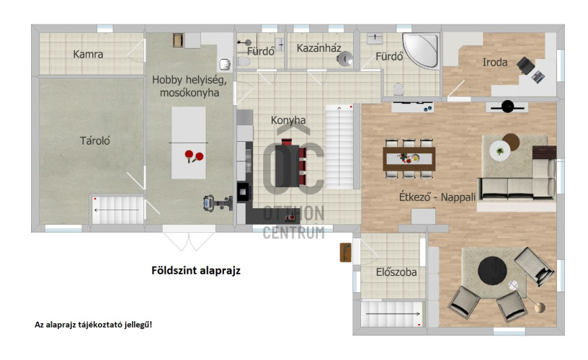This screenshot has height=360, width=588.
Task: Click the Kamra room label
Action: coord(88,54)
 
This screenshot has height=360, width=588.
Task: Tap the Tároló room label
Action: coord(95,141)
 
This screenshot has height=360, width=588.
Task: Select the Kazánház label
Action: coord(318,48)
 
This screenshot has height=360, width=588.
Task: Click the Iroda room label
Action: coord(494,62)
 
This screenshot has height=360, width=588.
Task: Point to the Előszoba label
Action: coord(396,272)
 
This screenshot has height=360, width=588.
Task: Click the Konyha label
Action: coord(288,120)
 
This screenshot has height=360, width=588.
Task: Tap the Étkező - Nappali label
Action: coord(437,197)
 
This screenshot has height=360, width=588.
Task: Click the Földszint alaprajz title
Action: coord(196,271)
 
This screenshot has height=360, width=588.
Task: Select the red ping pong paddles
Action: coord(194,156)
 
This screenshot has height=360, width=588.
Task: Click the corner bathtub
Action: coord(422,50)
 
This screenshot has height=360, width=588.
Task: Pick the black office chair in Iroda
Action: coord(525,66)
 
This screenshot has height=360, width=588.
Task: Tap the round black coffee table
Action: coord(492,271)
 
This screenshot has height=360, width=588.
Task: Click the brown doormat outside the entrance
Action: coord(345,253)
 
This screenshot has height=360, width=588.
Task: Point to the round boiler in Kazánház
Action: coord(344,59)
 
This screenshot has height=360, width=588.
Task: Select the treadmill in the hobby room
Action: coord(218,203)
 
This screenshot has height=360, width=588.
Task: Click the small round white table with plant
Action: coord(499,151)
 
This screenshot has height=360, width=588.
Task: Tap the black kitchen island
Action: coord(287,166)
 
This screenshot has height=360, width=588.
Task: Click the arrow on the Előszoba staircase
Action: coord(393,313)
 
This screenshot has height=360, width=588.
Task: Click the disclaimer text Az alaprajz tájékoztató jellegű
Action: coord(94,325)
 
